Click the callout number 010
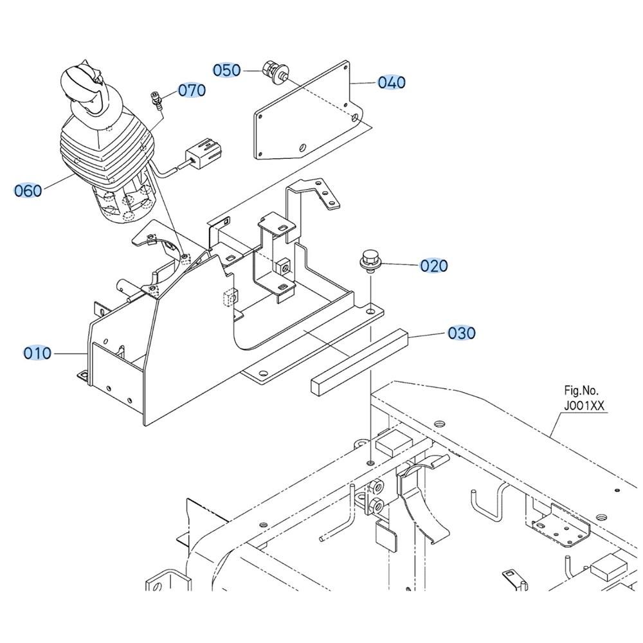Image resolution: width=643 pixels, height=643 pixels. [x=37, y=352]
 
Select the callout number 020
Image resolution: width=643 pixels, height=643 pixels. [x=434, y=266]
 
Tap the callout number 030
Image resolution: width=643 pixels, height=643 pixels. [x=462, y=333]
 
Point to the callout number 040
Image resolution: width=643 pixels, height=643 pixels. [x=392, y=82]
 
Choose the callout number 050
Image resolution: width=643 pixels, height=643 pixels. [x=227, y=70]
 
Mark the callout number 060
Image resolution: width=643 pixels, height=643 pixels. [x=28, y=190]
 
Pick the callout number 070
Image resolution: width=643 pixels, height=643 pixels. [x=192, y=90]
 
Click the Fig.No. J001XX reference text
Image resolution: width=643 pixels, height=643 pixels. [x=584, y=398]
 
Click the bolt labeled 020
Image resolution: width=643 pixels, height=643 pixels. [x=368, y=263]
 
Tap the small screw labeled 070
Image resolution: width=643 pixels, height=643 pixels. [x=156, y=99]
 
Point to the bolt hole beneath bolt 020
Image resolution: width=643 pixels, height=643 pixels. [x=370, y=312]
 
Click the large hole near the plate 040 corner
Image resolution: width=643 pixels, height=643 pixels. [x=355, y=118]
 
